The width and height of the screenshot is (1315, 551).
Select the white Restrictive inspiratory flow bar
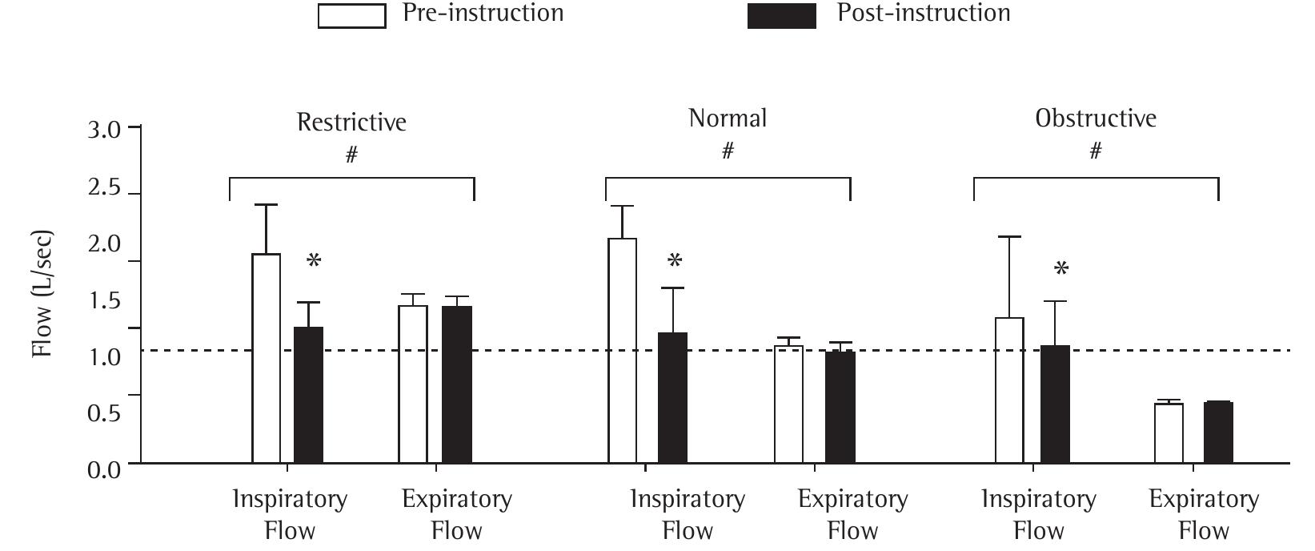coord(267,358)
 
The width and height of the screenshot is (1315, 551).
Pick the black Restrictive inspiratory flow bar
coord(309,395)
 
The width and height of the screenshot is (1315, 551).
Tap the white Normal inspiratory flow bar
coord(623,350)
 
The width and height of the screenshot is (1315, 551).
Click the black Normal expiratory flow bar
coord(840,407)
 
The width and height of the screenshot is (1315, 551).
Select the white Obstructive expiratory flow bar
coord(1169,432)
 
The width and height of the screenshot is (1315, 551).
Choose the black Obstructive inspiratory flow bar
coord(1055,404)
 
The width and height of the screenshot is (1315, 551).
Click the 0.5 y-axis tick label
coord(103,413)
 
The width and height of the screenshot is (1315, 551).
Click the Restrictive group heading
coord(351,122)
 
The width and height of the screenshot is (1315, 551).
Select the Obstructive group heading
coord(1095,119)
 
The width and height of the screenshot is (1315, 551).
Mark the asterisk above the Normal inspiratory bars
coord(675,261)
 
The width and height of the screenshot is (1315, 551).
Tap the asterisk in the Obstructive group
coord(1061,269)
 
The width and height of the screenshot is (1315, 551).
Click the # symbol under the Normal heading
coord(728,151)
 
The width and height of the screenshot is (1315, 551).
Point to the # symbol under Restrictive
coord(351,155)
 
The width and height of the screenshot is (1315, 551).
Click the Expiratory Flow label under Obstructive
coord(1204,514)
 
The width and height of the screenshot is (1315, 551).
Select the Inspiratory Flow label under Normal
coord(688,514)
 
